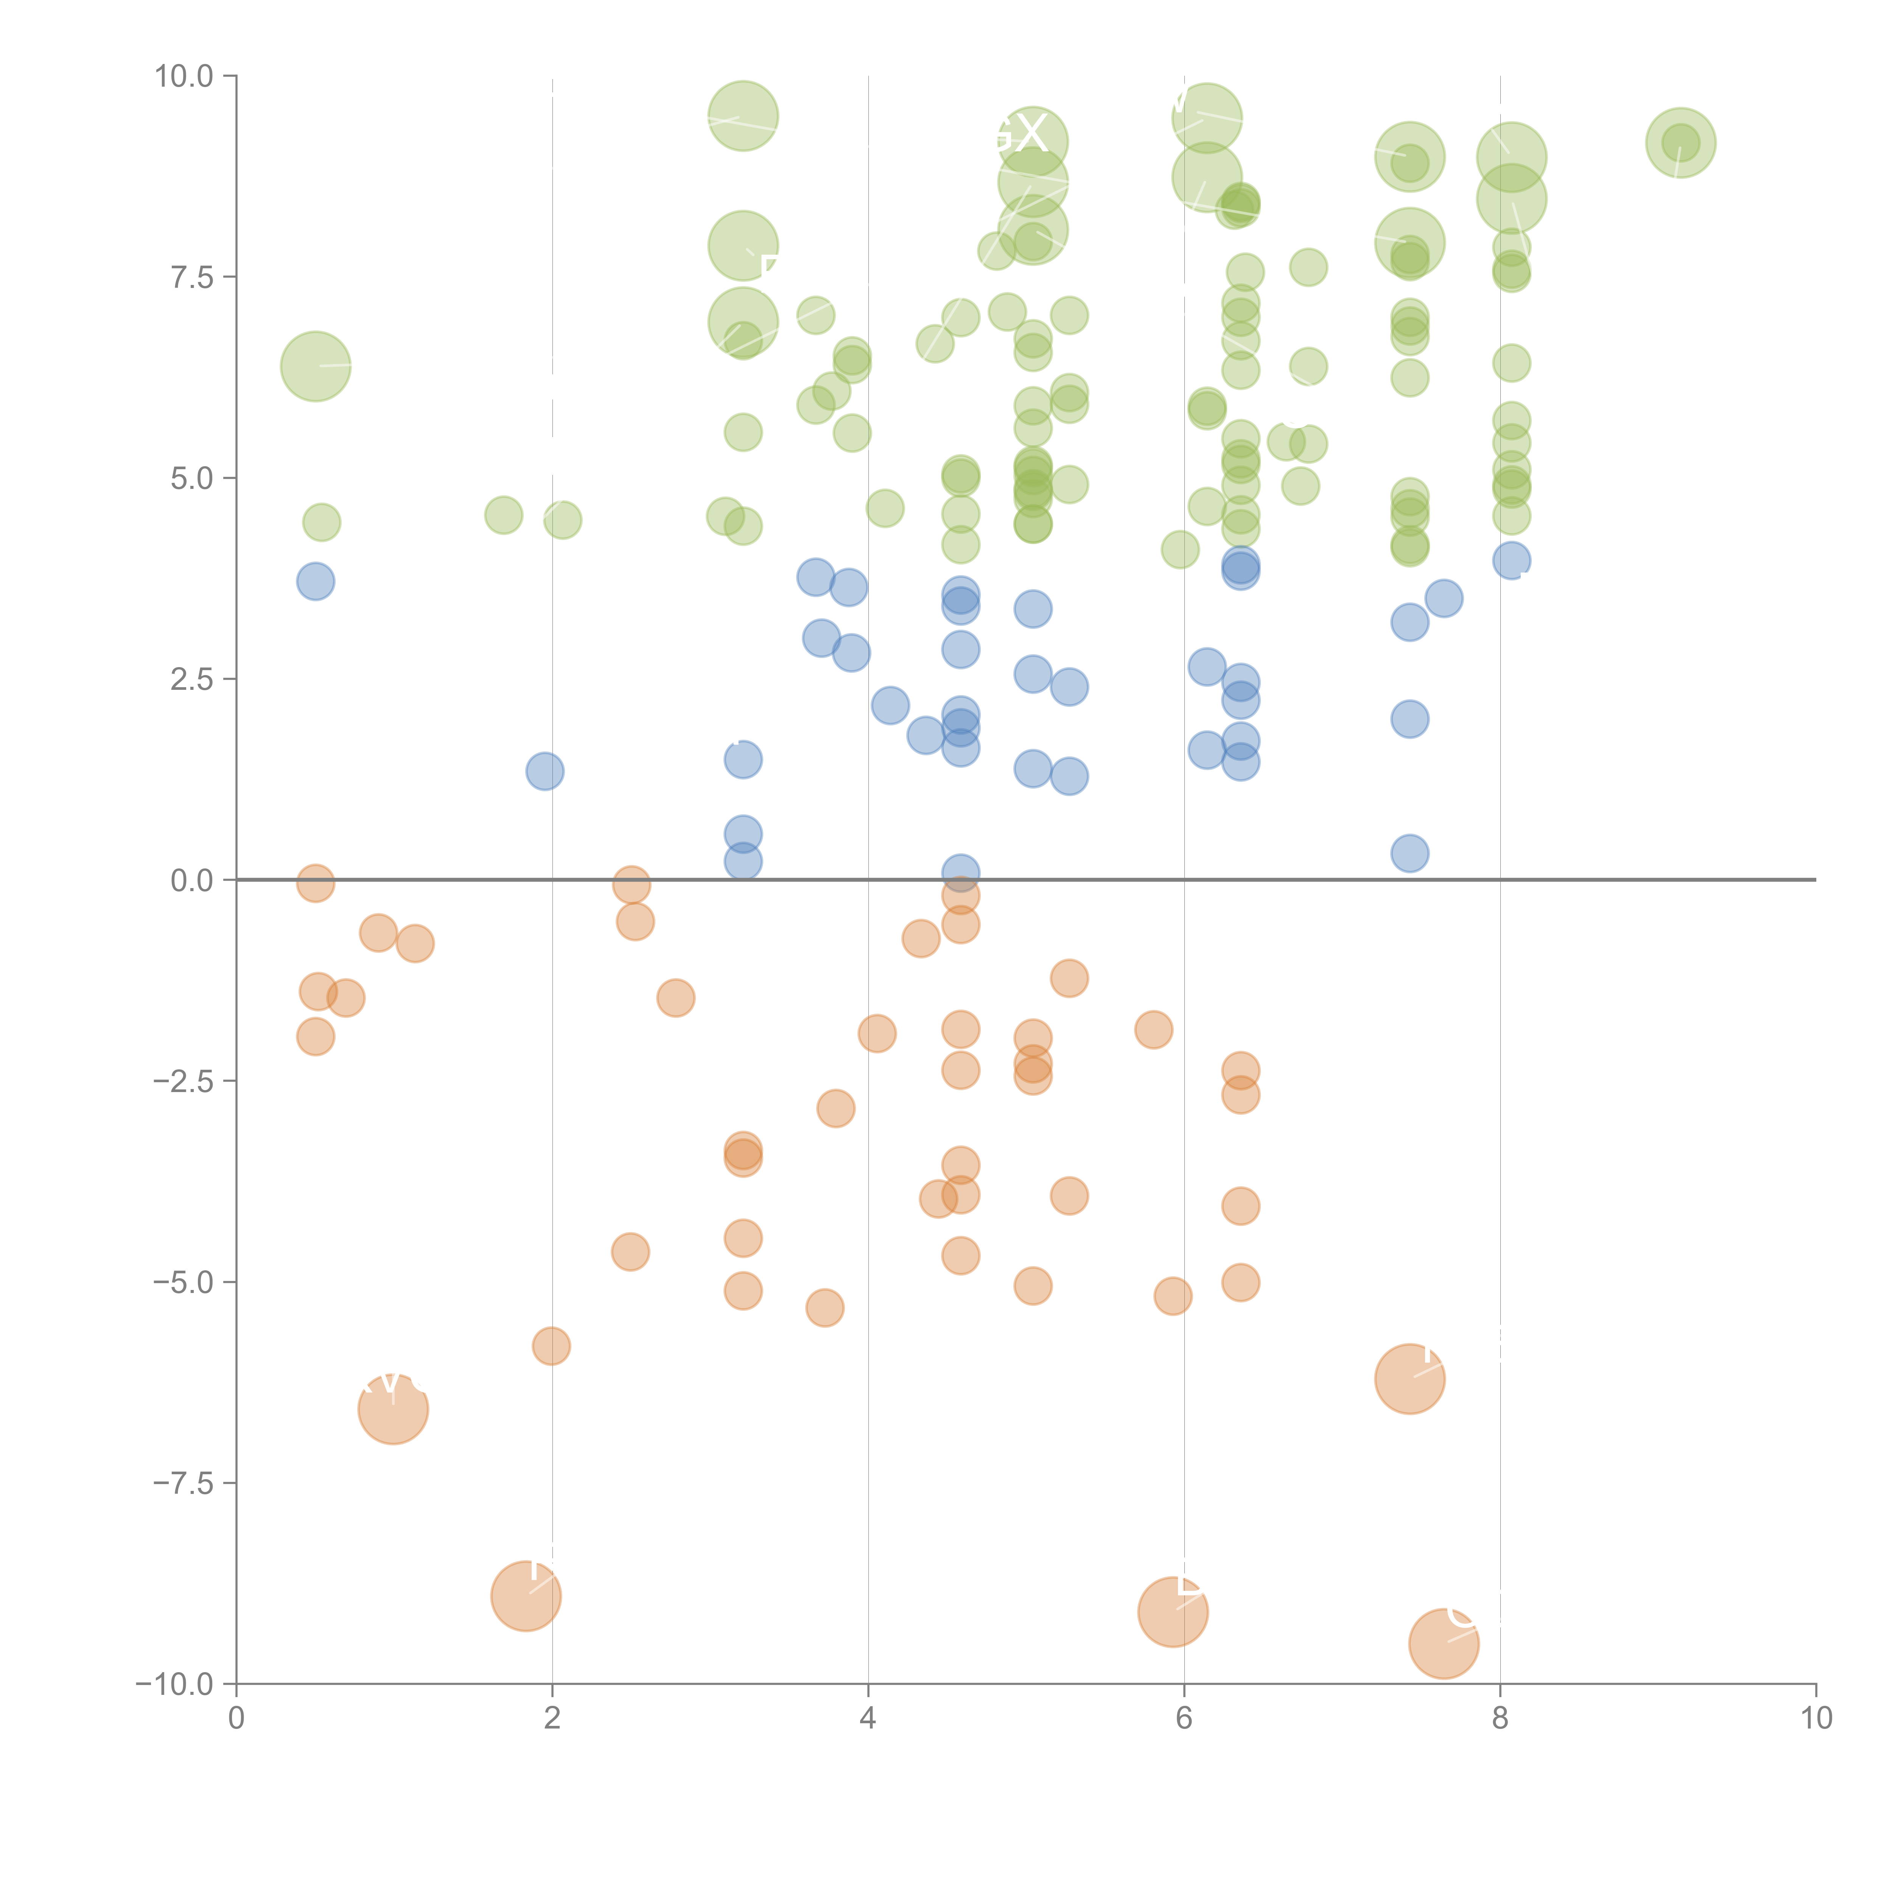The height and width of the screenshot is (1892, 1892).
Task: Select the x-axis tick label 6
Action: tap(1184, 1718)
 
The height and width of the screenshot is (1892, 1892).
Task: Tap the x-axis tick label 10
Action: tap(1816, 1718)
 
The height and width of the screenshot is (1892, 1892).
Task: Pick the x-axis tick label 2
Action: tap(552, 1718)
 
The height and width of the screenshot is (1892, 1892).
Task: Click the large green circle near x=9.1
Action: tap(1680, 143)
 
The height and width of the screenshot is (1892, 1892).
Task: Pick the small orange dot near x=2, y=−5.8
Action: tap(551, 1346)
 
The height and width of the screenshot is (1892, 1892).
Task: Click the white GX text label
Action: tap(1019, 134)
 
